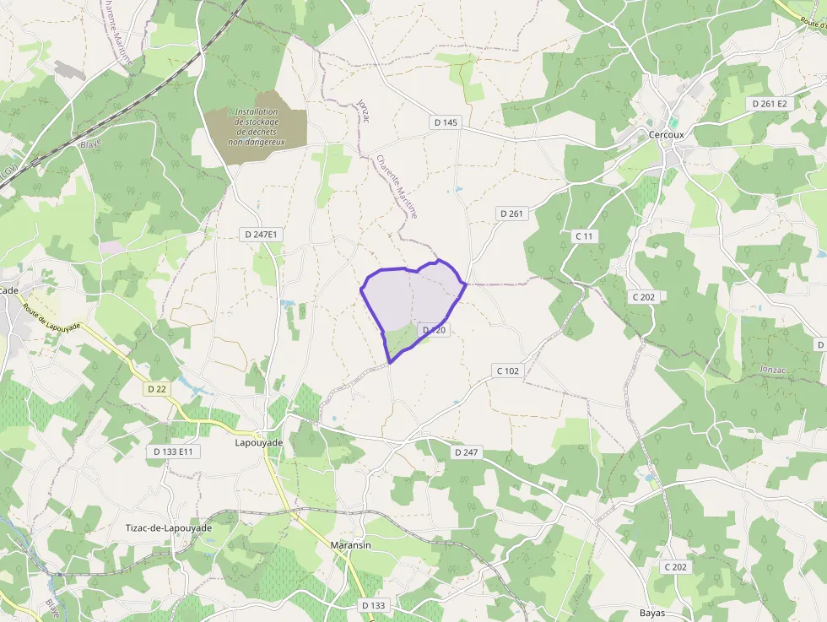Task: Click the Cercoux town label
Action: pyautogui.click(x=671, y=134)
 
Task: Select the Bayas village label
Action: pyautogui.click(x=653, y=613)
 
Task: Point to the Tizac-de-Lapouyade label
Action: pyautogui.click(x=168, y=527)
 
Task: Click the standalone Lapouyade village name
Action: pyautogui.click(x=259, y=441)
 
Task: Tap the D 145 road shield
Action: pyautogui.click(x=446, y=122)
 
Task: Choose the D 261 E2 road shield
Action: pyautogui.click(x=770, y=103)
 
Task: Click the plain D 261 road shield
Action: pyautogui.click(x=511, y=214)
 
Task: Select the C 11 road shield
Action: pyautogui.click(x=583, y=235)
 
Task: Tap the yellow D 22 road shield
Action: pyautogui.click(x=156, y=389)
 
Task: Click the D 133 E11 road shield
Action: pyautogui.click(x=174, y=452)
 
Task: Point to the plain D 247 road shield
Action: pyautogui.click(x=467, y=452)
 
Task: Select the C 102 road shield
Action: pyautogui.click(x=508, y=370)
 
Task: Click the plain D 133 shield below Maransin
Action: pyautogui.click(x=373, y=605)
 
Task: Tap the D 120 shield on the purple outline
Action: pyautogui.click(x=434, y=330)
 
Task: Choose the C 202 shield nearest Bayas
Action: pyautogui.click(x=675, y=567)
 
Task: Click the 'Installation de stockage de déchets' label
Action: pyautogui.click(x=257, y=127)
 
